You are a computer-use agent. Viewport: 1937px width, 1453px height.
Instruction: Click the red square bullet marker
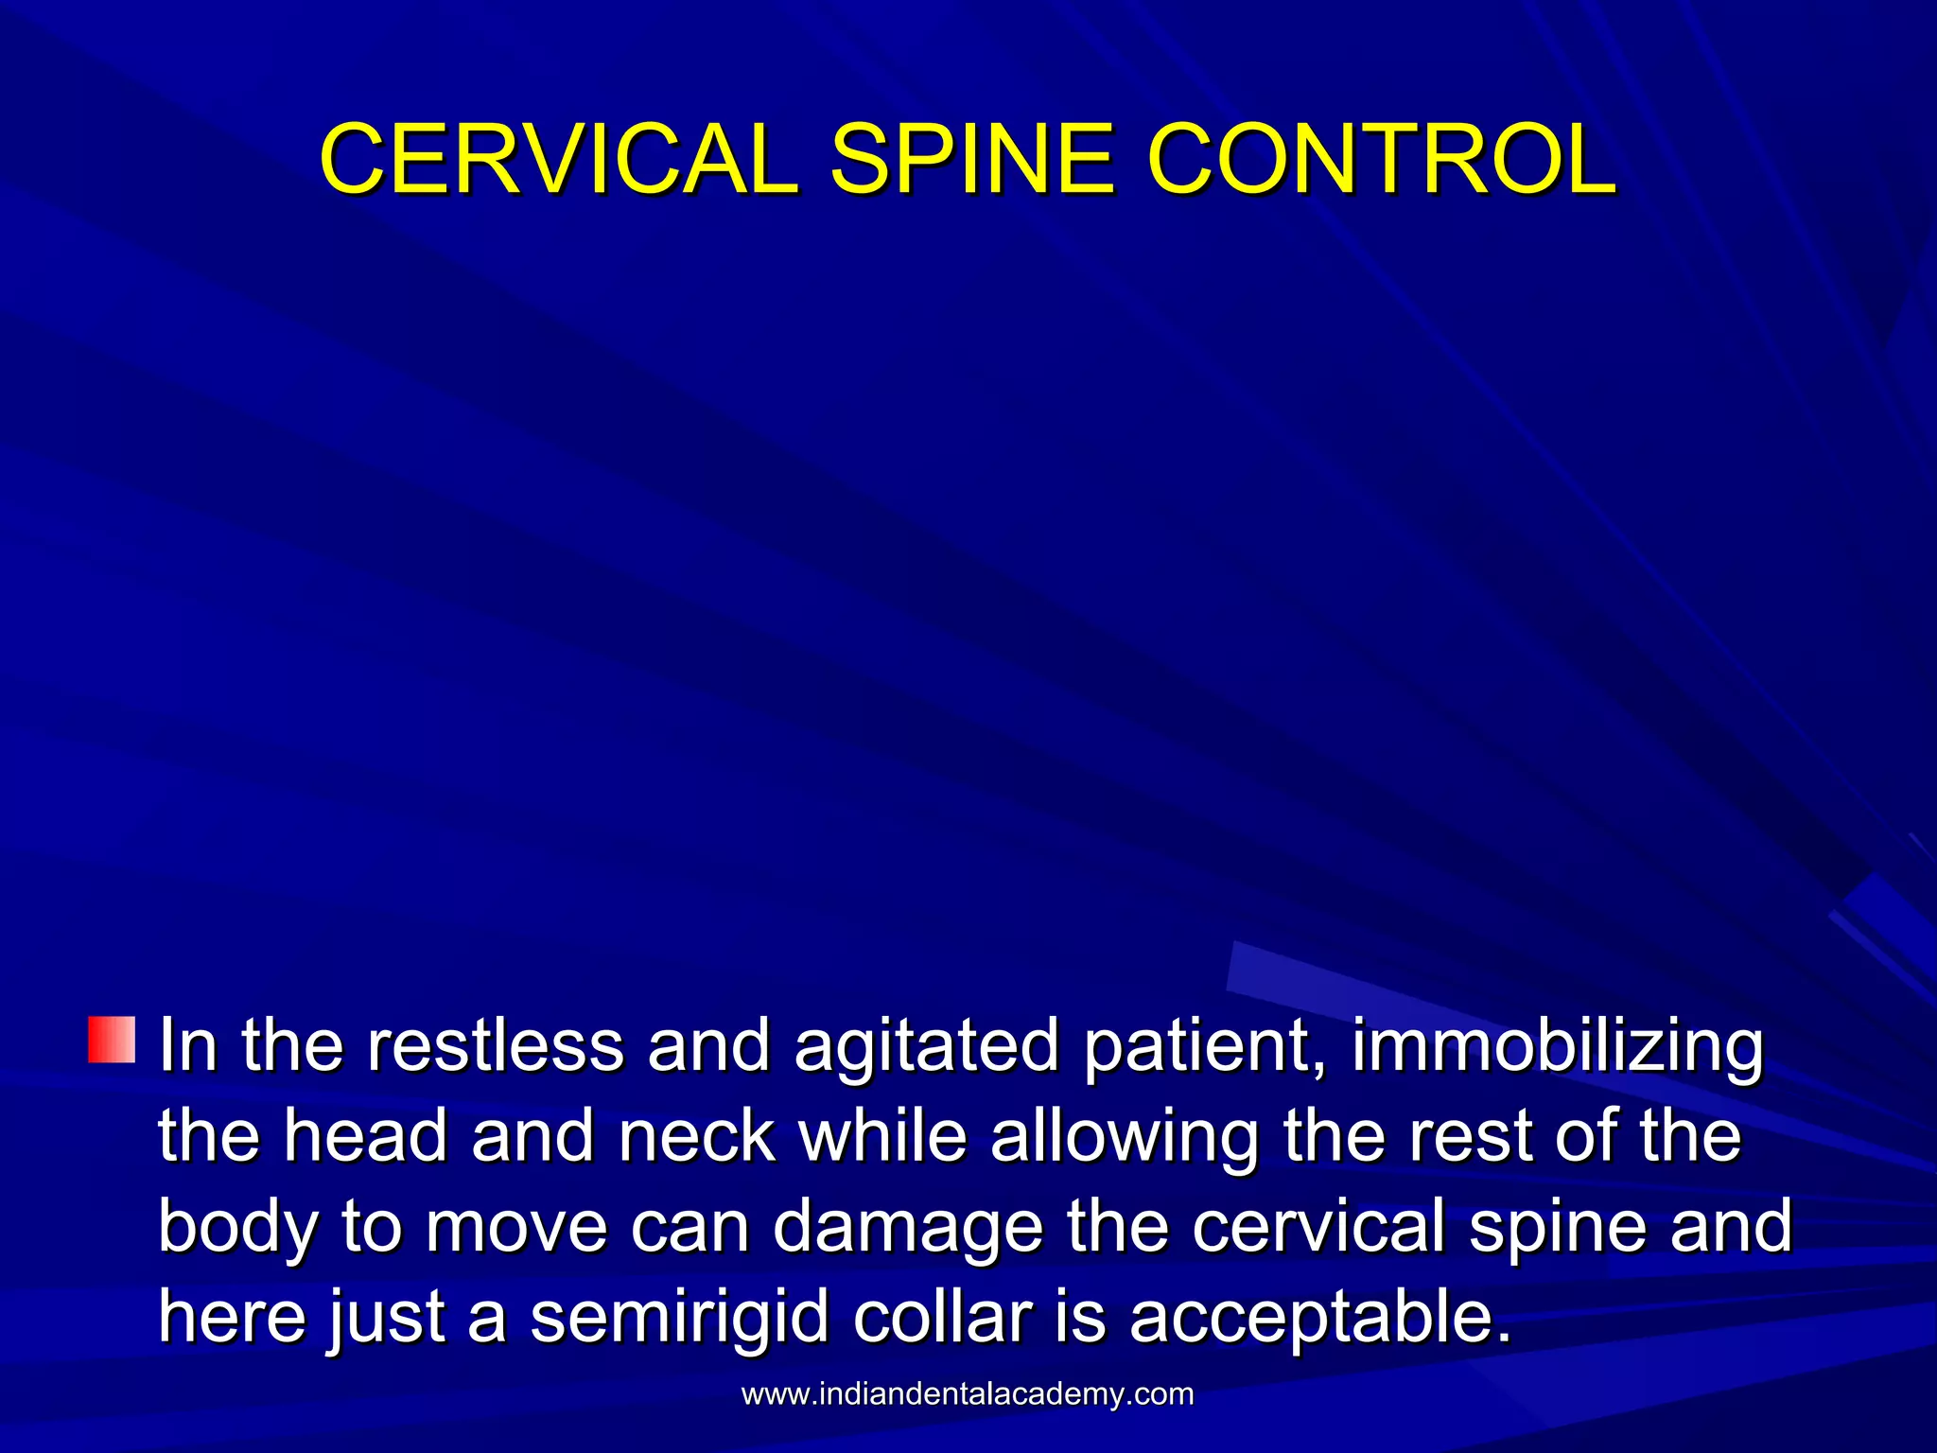pyautogui.click(x=112, y=1041)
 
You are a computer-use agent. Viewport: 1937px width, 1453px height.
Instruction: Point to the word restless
pyautogui.click(x=495, y=1046)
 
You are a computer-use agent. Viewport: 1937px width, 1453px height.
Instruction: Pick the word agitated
pyautogui.click(x=926, y=1048)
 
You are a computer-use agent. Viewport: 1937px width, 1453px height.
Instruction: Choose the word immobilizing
pyautogui.click(x=1557, y=1048)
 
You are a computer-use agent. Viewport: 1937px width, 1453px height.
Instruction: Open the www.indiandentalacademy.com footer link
pyautogui.click(x=968, y=1394)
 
